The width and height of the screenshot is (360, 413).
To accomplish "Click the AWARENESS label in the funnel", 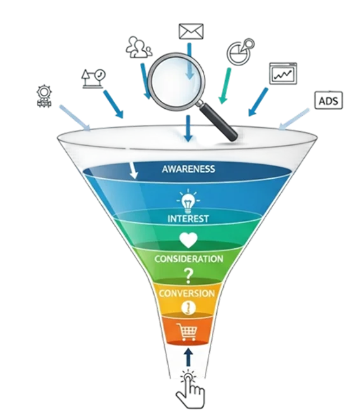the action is tap(188, 169).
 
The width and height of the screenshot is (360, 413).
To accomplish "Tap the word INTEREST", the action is tap(188, 219).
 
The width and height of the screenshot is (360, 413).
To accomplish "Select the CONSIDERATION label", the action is tap(189, 259).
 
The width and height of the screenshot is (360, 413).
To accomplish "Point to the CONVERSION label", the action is tap(187, 293).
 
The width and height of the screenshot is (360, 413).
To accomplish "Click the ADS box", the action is tap(329, 100).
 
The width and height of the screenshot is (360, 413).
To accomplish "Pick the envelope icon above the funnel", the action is tap(191, 31).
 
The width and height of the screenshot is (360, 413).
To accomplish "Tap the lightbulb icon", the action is tap(188, 201).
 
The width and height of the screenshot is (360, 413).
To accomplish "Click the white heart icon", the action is tap(188, 240).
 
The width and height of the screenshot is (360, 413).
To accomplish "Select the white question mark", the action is tap(188, 276).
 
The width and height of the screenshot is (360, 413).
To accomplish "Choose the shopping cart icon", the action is tap(187, 332).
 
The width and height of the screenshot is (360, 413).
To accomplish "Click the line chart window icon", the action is tap(283, 73).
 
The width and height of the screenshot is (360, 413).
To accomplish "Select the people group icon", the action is tap(139, 48).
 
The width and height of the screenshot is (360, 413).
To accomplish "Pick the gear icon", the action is tap(44, 95).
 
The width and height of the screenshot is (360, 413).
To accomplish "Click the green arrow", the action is tap(225, 86).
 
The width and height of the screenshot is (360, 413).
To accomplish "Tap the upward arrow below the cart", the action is tap(188, 357).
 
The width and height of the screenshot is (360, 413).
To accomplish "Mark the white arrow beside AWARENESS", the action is tap(133, 171).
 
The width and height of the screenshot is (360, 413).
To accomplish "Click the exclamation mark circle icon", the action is tap(188, 307).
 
